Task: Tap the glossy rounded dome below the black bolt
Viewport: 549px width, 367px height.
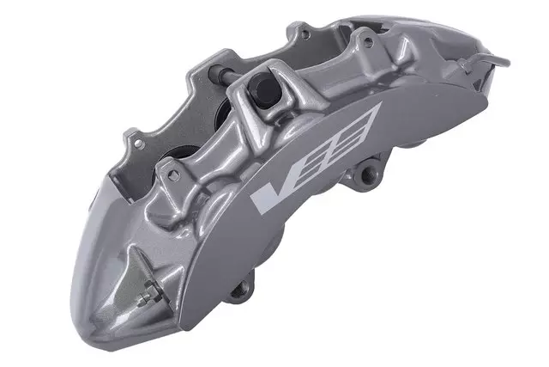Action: pyautogui.click(x=262, y=129)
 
